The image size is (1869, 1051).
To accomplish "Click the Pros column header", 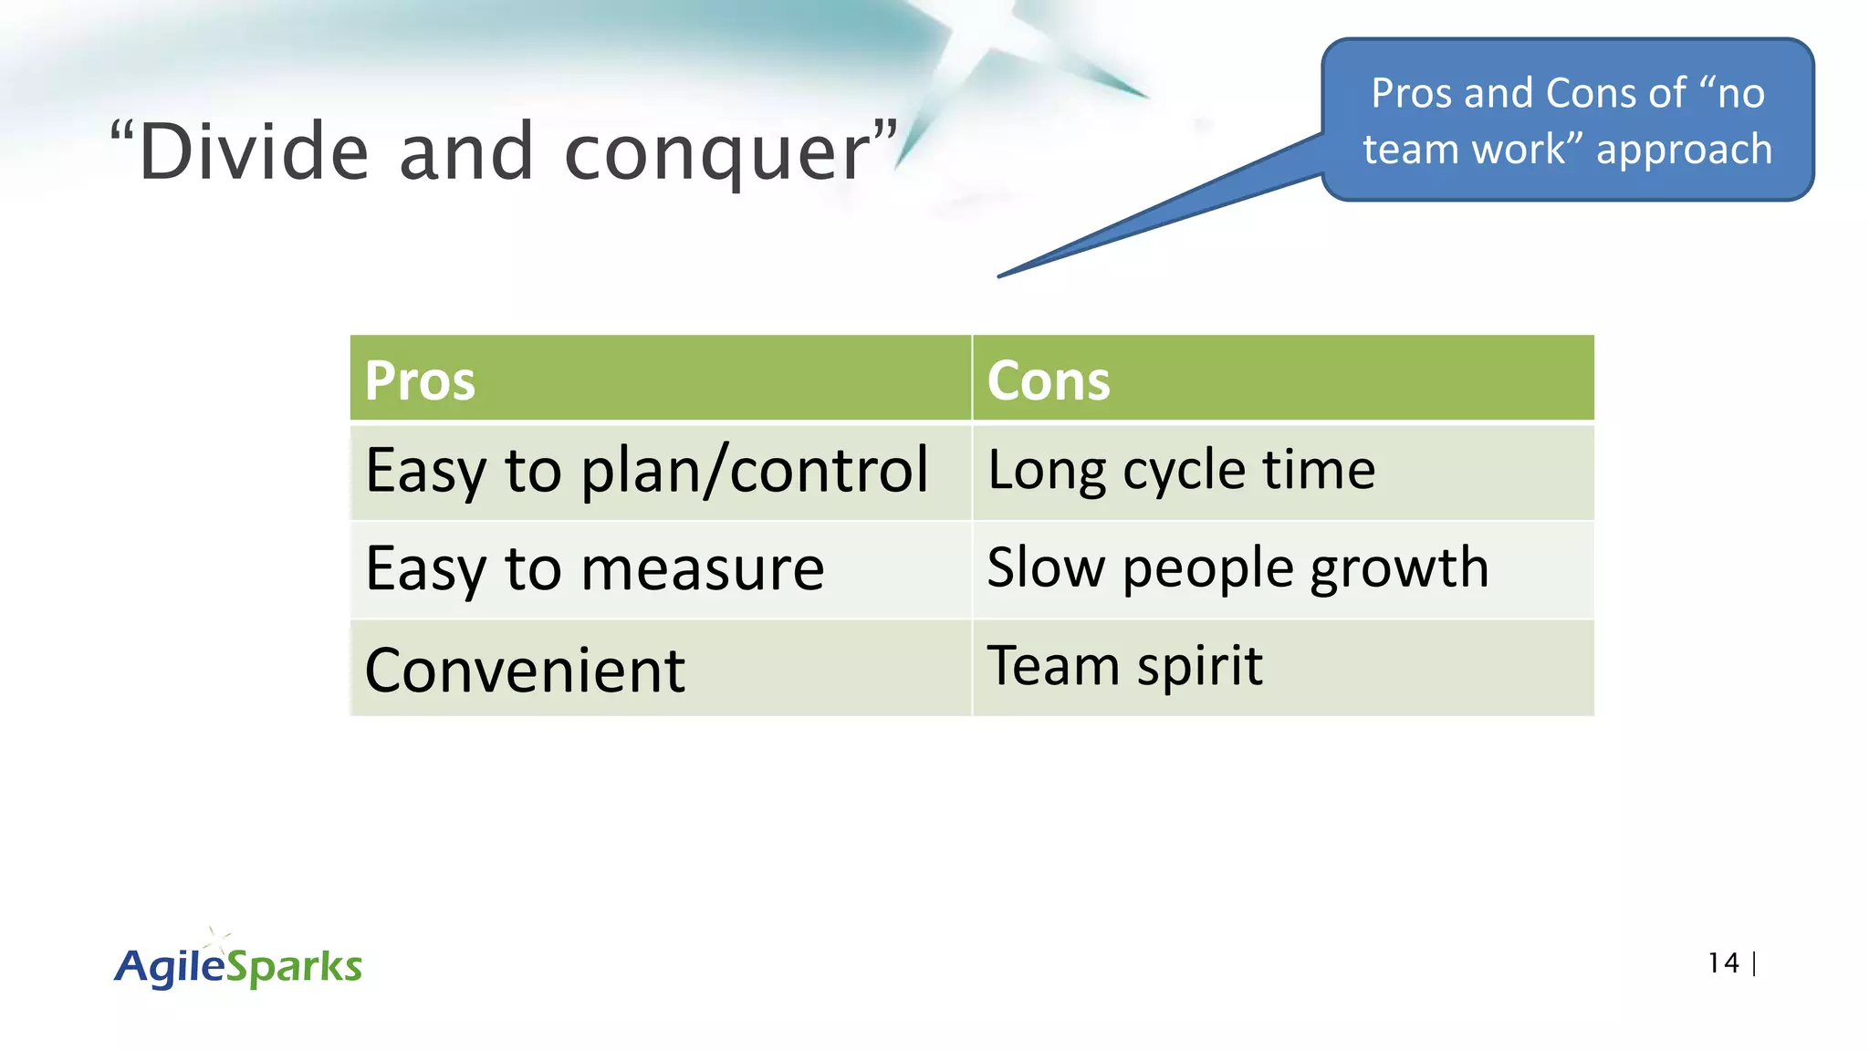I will click(x=420, y=380).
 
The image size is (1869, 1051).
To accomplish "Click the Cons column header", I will click(x=1048, y=380).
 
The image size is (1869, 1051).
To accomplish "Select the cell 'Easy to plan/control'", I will click(x=646, y=472).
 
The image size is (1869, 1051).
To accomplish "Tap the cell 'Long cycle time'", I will click(x=1181, y=472).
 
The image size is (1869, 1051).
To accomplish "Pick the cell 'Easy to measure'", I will click(x=594, y=569).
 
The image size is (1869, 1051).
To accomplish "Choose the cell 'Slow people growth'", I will click(x=1237, y=569).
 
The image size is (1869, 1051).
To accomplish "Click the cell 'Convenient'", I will click(x=525, y=670).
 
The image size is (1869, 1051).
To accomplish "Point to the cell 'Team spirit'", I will click(x=1124, y=666).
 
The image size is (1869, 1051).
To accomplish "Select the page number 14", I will click(x=1723, y=963).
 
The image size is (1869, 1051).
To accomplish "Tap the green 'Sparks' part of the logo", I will click(x=294, y=967).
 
